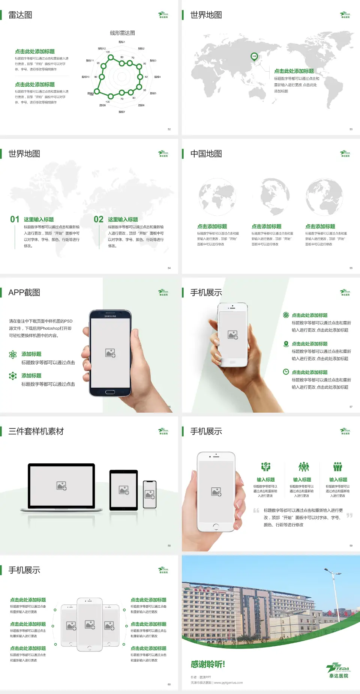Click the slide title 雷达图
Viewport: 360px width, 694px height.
point(20,15)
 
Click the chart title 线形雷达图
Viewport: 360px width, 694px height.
point(122,33)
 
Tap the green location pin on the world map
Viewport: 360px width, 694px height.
point(254,57)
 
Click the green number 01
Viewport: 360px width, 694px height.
point(15,219)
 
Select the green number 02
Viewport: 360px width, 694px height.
point(99,219)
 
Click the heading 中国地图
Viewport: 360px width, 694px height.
point(206,154)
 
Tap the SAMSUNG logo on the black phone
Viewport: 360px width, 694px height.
point(110,316)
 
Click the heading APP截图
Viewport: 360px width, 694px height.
point(24,293)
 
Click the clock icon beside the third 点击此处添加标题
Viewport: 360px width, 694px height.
point(286,372)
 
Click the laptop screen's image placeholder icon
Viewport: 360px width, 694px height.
point(61,486)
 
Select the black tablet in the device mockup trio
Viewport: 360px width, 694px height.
point(124,490)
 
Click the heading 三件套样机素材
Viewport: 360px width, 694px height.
point(36,431)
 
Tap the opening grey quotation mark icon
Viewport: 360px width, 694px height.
point(256,510)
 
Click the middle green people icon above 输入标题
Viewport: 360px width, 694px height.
point(303,467)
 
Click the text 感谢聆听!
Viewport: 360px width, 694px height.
point(208,664)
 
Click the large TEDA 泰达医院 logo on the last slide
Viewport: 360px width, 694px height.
point(338,670)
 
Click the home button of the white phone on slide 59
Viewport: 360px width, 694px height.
point(216,527)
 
